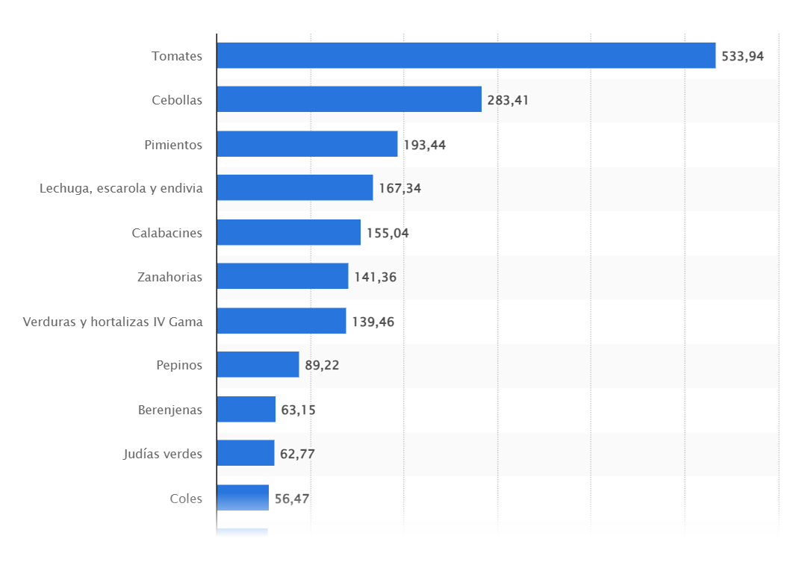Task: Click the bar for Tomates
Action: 466,55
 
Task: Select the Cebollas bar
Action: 349,99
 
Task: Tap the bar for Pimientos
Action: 307,144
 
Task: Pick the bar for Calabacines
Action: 288,232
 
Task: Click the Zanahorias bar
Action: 282,276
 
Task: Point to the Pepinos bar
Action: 258,364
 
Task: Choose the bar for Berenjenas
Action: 246,409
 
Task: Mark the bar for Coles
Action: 243,497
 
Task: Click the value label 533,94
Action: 742,56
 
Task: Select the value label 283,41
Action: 508,100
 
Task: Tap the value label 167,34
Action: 399,189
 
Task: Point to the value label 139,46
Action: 373,322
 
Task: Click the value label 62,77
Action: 297,454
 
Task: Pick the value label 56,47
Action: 292,498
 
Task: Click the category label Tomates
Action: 177,56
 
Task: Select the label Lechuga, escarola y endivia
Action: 121,188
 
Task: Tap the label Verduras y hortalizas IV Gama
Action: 113,322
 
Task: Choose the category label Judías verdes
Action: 163,453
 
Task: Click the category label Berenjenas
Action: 170,409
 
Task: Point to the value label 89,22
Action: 322,366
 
